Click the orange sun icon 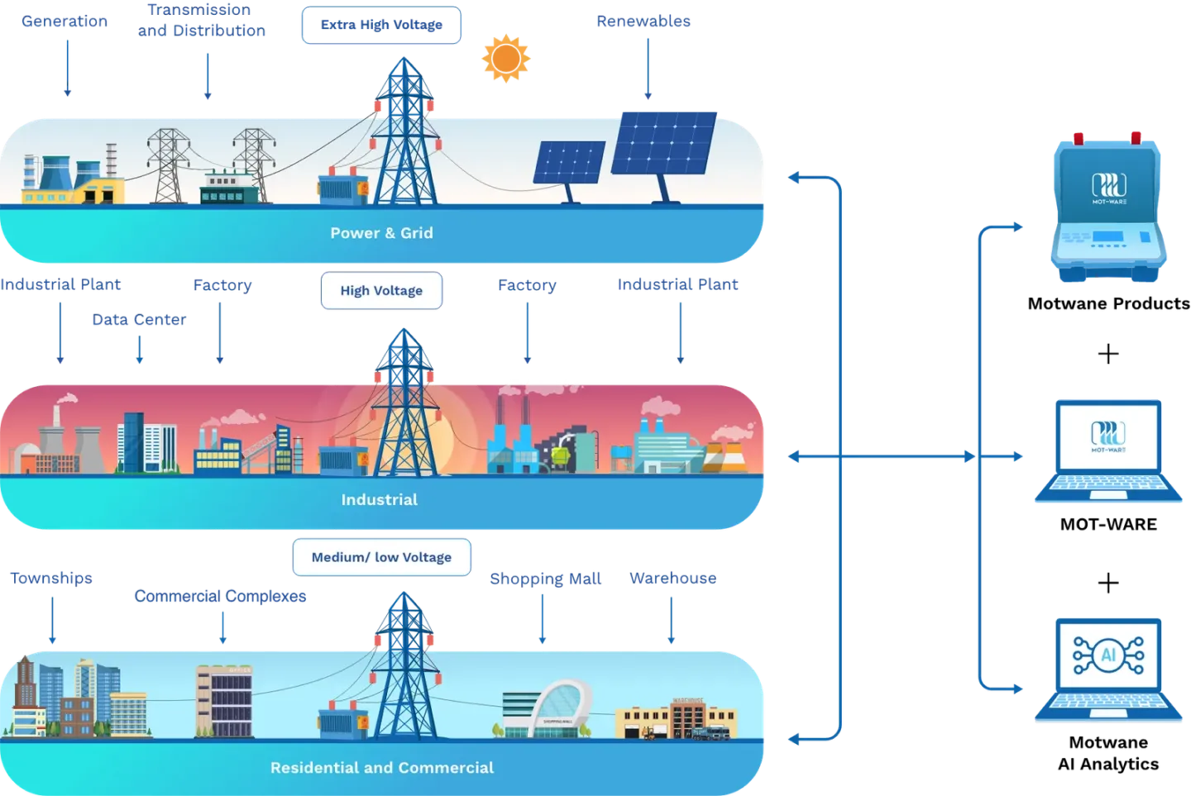tap(505, 58)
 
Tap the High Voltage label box tap(381, 290)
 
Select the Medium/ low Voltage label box tap(381, 557)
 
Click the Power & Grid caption tap(381, 233)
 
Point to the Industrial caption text tap(380, 499)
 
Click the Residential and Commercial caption tap(382, 768)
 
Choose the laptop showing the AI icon tap(1108, 670)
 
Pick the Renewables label tap(643, 21)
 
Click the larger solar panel tap(664, 144)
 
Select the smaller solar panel tap(569, 163)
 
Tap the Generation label tap(65, 21)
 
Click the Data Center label tap(139, 320)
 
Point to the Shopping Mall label tap(545, 578)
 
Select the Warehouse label tap(672, 578)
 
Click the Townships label tap(51, 578)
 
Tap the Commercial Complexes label tap(220, 596)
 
